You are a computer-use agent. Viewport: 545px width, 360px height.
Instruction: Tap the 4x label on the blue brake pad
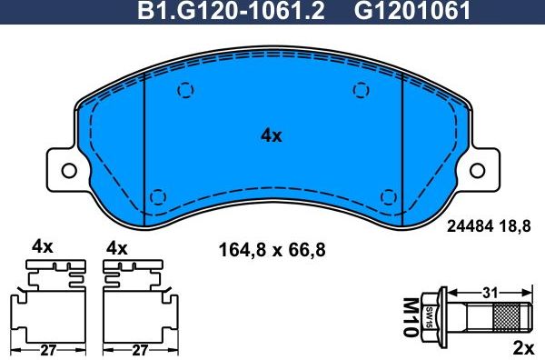point(272,135)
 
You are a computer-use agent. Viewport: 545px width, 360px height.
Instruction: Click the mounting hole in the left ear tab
point(67,170)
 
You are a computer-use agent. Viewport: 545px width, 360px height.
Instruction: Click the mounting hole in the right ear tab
point(476,170)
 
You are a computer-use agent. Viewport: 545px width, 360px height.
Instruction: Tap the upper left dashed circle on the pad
point(185,90)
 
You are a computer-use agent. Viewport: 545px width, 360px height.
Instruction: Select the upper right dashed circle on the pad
point(361,89)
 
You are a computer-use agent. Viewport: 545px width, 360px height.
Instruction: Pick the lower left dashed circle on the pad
point(157,196)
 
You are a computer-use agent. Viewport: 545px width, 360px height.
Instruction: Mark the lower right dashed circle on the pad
point(389,196)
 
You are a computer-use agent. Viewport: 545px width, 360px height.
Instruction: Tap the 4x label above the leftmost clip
point(42,246)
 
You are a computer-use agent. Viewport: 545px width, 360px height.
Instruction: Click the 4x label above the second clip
point(117,246)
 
